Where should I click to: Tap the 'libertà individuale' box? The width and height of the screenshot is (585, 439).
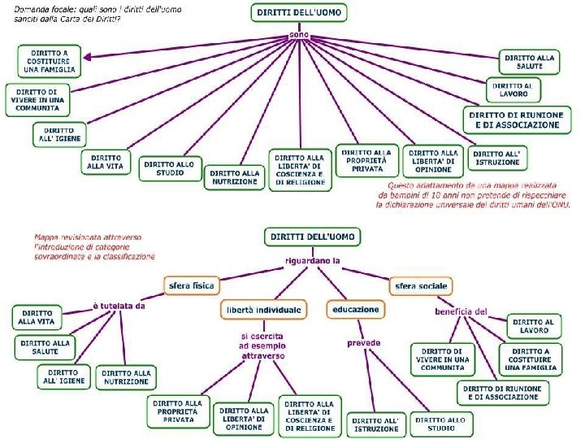tap(262, 310)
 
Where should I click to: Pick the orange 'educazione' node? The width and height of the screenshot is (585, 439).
tap(355, 310)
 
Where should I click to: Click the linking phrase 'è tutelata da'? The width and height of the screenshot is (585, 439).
tap(119, 306)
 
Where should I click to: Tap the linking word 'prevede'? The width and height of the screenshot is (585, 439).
tap(363, 343)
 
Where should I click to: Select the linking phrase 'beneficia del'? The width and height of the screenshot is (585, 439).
tap(460, 311)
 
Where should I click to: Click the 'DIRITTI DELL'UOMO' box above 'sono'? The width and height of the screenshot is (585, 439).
tap(300, 14)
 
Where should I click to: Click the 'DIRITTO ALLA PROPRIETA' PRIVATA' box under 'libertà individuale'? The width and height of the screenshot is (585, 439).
tap(176, 411)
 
